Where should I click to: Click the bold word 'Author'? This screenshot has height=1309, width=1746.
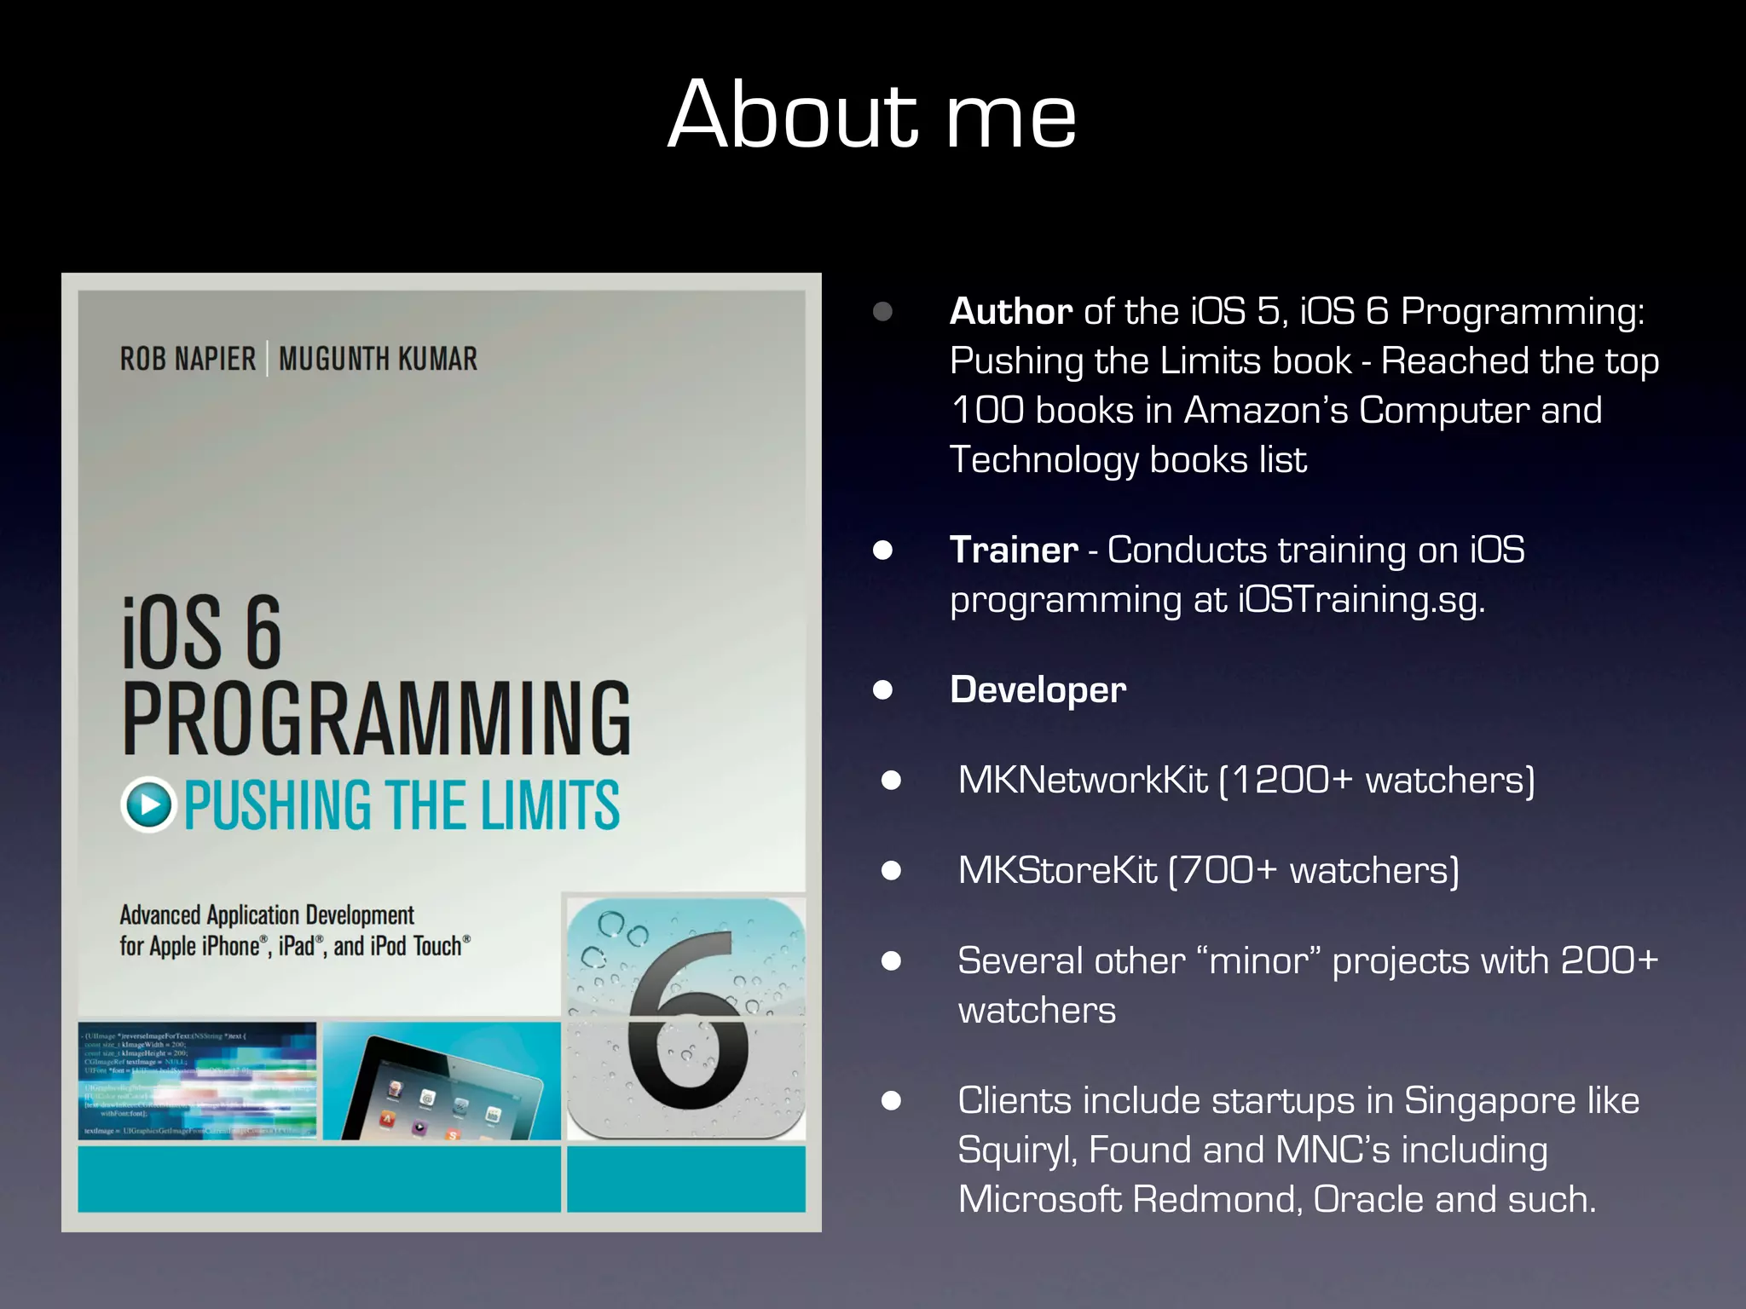click(x=1010, y=312)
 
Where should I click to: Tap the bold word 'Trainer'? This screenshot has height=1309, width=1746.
click(x=1014, y=551)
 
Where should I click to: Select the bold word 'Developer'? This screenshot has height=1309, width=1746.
click(x=1038, y=690)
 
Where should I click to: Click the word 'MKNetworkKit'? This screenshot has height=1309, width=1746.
click(x=1083, y=781)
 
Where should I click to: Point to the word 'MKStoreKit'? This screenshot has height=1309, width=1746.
click(x=1057, y=871)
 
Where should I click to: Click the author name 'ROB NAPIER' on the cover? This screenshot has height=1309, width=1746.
click(x=188, y=359)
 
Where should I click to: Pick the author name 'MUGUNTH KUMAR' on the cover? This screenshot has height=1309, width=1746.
click(x=378, y=359)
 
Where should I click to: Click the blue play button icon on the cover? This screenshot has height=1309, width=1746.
click(x=149, y=804)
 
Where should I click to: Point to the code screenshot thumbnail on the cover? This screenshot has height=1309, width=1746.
click(x=197, y=1081)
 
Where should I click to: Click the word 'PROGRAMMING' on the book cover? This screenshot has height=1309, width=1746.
click(x=376, y=718)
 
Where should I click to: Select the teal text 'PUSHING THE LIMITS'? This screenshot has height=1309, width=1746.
click(x=402, y=805)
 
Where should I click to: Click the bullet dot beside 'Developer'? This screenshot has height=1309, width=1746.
click(x=882, y=689)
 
